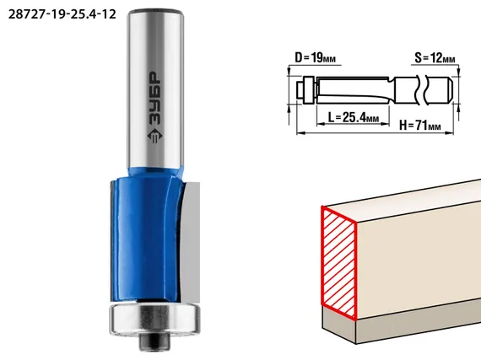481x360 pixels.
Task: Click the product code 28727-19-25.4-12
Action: (62, 14)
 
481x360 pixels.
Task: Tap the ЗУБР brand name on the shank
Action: (155, 98)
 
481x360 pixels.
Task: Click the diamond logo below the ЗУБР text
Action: (155, 135)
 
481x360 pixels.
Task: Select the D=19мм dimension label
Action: (315, 57)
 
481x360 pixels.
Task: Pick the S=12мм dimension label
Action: (435, 57)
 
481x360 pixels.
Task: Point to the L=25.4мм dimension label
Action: (354, 117)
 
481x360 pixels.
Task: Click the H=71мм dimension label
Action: (420, 125)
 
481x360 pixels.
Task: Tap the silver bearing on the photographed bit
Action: (155, 320)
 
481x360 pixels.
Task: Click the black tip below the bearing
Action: (154, 342)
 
